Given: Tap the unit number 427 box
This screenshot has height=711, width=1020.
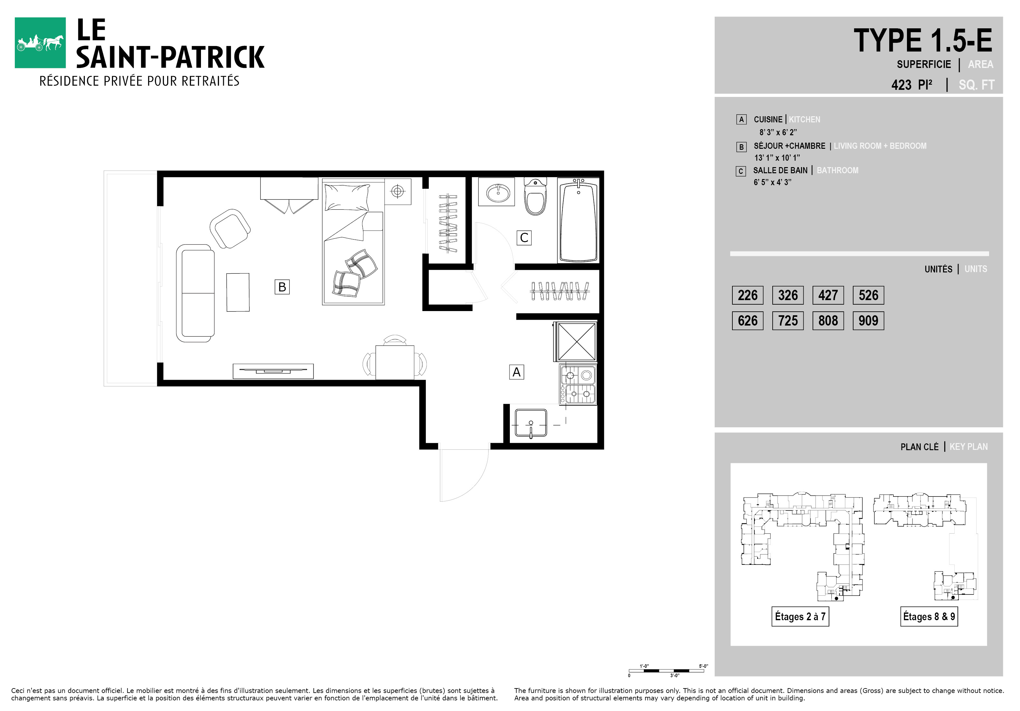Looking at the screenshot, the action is (828, 295).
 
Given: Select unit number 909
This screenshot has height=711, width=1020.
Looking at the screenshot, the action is (868, 321).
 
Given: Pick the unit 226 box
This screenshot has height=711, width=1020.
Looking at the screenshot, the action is (748, 295).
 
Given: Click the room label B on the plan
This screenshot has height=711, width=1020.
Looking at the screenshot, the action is (282, 287).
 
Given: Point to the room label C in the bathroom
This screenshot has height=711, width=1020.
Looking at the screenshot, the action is (524, 238).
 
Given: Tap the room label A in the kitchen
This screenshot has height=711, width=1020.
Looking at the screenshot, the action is (516, 372).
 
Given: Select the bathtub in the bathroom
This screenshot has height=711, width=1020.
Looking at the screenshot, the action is (578, 220).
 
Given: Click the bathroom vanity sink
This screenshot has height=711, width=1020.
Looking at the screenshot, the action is (497, 192).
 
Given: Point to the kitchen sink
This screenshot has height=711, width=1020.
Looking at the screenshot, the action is (531, 423).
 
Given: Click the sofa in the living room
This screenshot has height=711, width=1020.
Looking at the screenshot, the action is (195, 293).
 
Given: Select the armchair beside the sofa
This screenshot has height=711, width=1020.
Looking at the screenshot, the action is (230, 229).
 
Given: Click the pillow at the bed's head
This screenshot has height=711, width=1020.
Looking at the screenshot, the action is (347, 197).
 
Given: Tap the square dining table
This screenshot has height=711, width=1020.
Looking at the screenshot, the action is (395, 362).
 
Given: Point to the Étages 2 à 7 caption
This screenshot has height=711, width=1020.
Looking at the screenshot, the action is (800, 616).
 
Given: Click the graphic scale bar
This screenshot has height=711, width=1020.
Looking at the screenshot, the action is (666, 670).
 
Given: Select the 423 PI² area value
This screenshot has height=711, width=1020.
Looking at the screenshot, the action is (911, 84).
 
